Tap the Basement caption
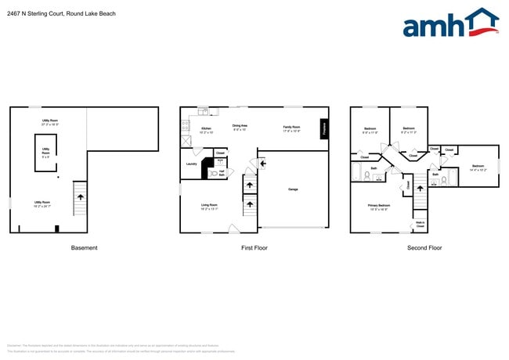click(x=85, y=248)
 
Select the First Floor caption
click(x=254, y=248)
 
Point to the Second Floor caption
click(x=424, y=248)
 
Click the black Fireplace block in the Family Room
click(x=323, y=129)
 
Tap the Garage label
click(x=293, y=189)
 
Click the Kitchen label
click(x=206, y=128)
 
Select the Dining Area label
click(x=240, y=125)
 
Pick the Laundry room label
click(x=191, y=164)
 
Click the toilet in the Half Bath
click(x=214, y=173)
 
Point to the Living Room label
click(x=208, y=205)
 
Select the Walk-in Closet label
click(x=421, y=225)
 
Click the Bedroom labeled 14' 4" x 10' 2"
click(x=478, y=166)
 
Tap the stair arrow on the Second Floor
click(x=420, y=185)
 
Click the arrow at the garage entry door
click(x=252, y=163)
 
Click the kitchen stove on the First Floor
click(x=186, y=142)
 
